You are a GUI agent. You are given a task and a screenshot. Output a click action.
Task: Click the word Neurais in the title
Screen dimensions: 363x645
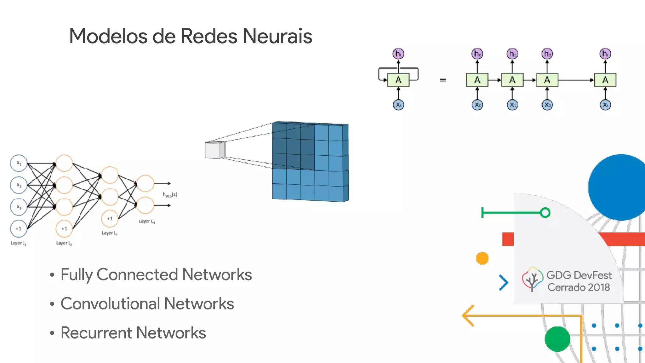coord(277,36)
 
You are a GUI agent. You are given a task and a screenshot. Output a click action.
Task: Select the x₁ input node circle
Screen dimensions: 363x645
coord(19,163)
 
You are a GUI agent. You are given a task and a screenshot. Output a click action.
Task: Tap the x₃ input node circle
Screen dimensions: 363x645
coord(19,207)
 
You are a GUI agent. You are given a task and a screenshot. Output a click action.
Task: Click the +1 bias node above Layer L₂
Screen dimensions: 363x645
coord(64,228)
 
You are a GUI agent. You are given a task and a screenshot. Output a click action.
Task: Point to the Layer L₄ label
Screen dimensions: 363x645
coord(147,221)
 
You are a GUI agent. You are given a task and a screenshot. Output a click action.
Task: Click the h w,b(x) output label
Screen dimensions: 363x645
coord(170,195)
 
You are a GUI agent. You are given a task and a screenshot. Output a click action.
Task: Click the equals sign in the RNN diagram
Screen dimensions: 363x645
coord(443,80)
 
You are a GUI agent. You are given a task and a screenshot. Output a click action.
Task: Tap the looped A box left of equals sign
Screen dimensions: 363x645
coord(398,80)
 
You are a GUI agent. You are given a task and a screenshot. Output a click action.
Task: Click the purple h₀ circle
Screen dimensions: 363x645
coord(477,54)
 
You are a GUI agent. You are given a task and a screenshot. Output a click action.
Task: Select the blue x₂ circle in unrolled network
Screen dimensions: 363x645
coord(547,105)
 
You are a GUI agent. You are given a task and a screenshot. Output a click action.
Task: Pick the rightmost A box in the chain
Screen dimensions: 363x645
coord(605,80)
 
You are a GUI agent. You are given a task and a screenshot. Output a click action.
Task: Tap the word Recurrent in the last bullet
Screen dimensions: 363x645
coord(96,333)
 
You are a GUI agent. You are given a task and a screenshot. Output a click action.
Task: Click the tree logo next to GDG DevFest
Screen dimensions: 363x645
coord(532,279)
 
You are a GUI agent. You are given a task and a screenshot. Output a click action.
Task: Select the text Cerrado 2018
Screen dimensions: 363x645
coord(579,287)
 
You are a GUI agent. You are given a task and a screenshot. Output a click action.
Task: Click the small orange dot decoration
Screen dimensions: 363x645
coord(482,258)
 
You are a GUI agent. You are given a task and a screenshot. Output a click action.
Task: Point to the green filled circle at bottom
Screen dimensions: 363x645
coord(557,339)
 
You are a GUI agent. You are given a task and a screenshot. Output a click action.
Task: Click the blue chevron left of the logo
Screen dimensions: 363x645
coord(504,283)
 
